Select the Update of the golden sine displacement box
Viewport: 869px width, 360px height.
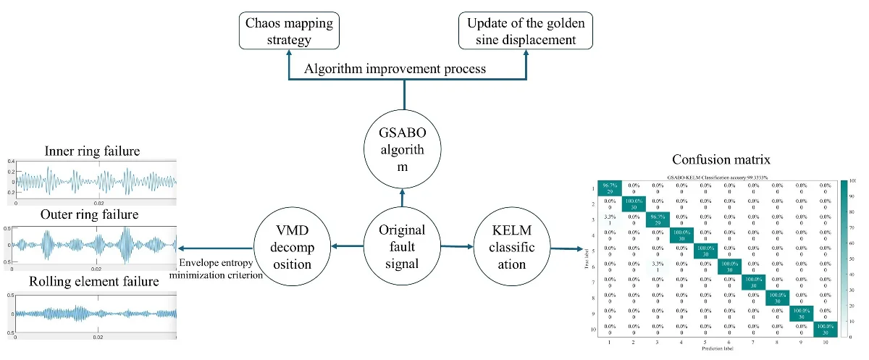tap(523, 32)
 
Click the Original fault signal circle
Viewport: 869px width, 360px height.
tap(402, 246)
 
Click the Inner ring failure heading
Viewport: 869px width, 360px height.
tap(92, 151)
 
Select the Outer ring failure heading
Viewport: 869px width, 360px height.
tap(92, 215)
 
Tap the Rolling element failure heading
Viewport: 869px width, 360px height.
tap(92, 281)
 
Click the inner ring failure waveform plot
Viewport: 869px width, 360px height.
tap(92, 180)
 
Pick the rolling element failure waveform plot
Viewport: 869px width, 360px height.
tap(92, 313)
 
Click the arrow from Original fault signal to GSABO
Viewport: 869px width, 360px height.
tap(402, 200)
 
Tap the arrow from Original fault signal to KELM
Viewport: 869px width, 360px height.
tap(456, 246)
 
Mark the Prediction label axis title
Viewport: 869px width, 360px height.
tap(717, 350)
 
